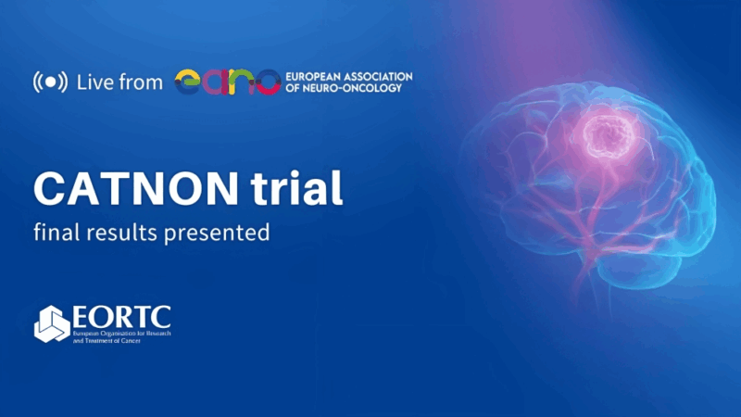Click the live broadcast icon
pyautogui.click(x=50, y=82)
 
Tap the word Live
pyautogui.click(x=96, y=82)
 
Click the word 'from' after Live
pyautogui.click(x=143, y=82)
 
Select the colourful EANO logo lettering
pyautogui.click(x=227, y=82)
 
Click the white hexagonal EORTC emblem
pyautogui.click(x=51, y=323)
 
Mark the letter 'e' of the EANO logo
pyautogui.click(x=189, y=82)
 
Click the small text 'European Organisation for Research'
pyautogui.click(x=121, y=333)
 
